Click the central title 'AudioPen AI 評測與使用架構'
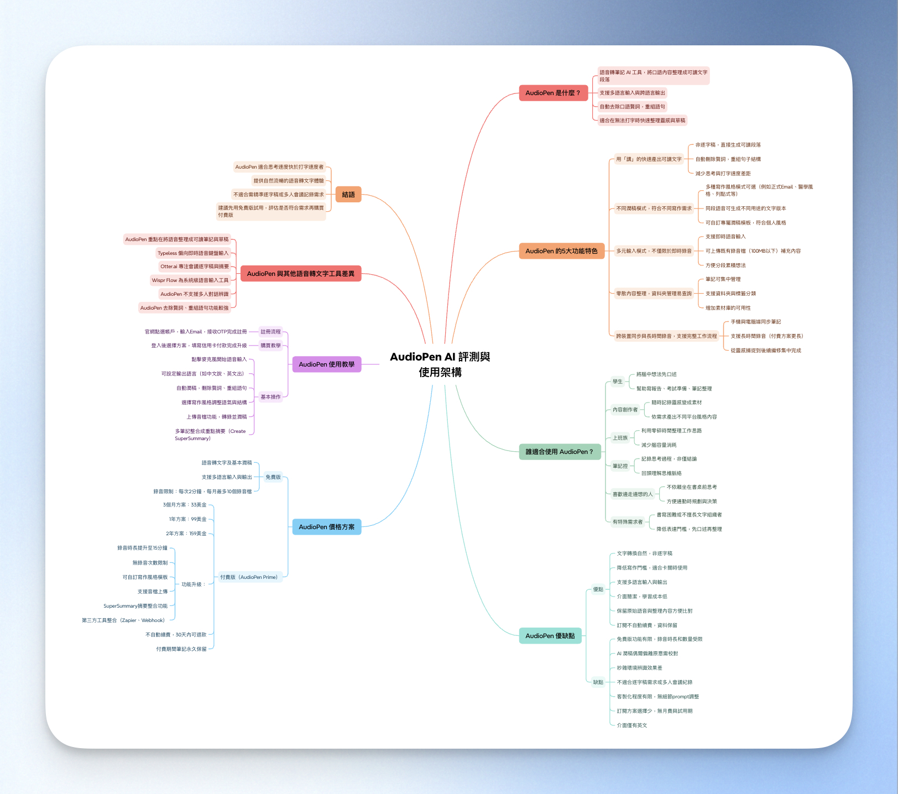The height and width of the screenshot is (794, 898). click(440, 364)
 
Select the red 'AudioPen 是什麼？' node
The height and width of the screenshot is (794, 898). click(553, 93)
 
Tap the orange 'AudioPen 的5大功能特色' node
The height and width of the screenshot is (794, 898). click(561, 251)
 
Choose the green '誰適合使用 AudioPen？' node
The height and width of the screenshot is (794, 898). click(560, 452)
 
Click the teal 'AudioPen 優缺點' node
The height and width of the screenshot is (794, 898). click(550, 636)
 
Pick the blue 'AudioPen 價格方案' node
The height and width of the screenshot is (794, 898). click(327, 527)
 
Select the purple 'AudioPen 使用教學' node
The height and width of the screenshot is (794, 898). click(327, 364)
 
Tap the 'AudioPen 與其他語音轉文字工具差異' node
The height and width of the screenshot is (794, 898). click(301, 274)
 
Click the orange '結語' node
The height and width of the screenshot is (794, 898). click(348, 195)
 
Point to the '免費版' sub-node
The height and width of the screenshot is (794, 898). click(273, 477)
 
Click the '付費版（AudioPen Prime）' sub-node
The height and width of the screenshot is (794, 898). click(249, 577)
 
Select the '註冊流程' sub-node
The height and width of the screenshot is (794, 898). click(271, 332)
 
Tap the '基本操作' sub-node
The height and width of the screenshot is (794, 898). click(271, 397)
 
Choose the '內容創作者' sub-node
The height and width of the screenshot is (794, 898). click(625, 410)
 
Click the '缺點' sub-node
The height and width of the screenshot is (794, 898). click(598, 682)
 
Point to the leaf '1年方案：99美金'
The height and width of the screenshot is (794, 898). click(188, 519)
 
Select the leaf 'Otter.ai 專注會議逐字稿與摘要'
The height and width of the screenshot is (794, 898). click(195, 267)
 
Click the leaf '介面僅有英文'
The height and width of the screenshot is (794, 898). click(632, 725)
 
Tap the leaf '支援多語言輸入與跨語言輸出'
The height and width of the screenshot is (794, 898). click(633, 93)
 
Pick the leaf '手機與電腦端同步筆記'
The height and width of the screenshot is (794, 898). click(756, 322)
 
